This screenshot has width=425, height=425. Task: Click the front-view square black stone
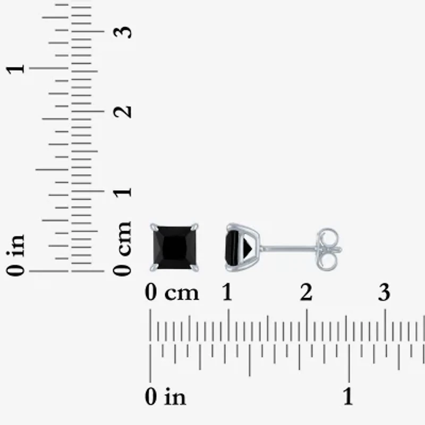click(175, 248)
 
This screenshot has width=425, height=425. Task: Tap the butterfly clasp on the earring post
click(328, 248)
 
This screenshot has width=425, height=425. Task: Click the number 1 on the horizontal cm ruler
click(227, 293)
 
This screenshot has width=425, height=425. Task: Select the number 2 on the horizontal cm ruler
click(305, 293)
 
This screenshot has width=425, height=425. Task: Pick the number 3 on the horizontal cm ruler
click(384, 293)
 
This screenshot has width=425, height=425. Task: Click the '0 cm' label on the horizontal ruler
click(172, 293)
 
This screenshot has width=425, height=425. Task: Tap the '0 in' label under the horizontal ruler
click(165, 396)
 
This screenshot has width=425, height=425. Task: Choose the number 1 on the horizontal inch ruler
click(348, 396)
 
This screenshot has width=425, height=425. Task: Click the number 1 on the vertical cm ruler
click(123, 191)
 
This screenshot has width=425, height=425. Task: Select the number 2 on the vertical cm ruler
click(123, 112)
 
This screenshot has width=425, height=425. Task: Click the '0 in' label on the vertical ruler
click(17, 256)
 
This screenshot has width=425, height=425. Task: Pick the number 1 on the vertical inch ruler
click(17, 69)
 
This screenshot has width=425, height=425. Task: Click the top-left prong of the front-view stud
click(153, 227)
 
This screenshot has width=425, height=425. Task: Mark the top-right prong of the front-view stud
click(196, 227)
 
